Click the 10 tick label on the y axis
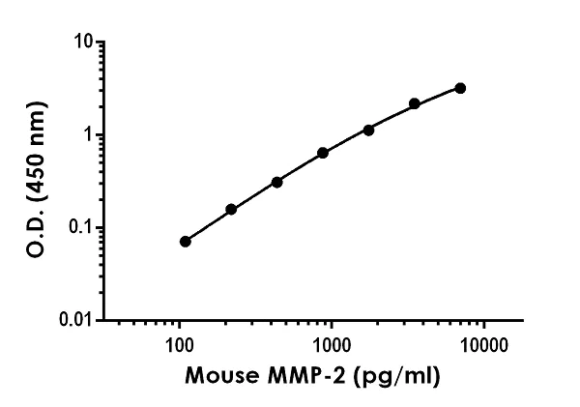pos(84,43)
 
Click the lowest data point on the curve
pos(186,241)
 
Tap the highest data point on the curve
pos(460,88)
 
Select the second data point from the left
pos(231,209)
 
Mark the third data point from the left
pos(276,182)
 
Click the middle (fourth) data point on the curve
pos(323,153)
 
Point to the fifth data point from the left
pos(368,130)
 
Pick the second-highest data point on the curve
pos(415,103)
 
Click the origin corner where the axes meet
pos(103,320)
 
